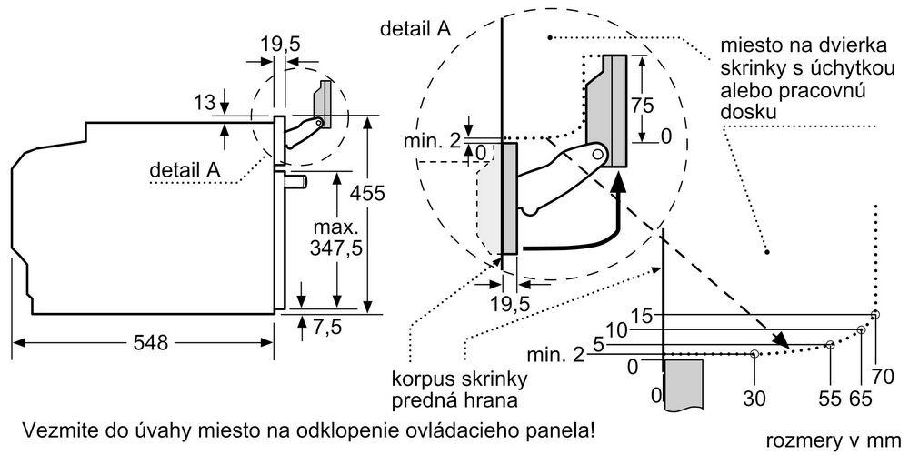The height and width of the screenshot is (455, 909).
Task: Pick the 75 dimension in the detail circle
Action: pyautogui.click(x=643, y=103)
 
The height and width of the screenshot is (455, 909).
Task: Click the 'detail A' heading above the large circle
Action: pyautogui.click(x=415, y=28)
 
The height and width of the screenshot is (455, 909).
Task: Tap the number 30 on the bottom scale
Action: pyautogui.click(x=754, y=398)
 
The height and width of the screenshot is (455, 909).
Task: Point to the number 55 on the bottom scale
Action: pyautogui.click(x=829, y=398)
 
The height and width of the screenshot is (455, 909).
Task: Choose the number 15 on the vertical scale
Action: pyautogui.click(x=642, y=316)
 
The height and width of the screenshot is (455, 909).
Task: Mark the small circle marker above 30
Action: pyautogui.click(x=754, y=353)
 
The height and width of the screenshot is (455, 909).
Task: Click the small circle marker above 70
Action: pyautogui.click(x=874, y=315)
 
